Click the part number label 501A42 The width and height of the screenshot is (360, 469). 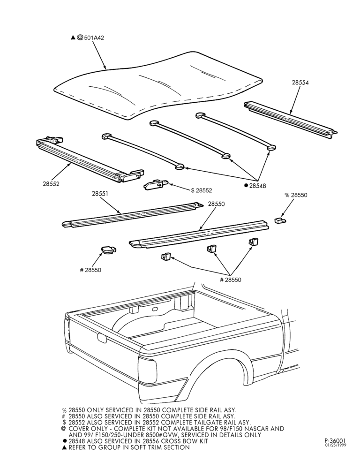[x=94, y=38]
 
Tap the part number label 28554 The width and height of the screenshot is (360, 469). [x=300, y=83]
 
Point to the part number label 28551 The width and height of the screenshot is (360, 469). [x=100, y=194]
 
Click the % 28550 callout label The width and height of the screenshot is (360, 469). [x=296, y=195]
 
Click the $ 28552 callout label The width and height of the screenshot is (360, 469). [x=202, y=190]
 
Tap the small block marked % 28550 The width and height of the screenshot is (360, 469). [x=280, y=220]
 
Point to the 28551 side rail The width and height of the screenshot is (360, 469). [x=133, y=215]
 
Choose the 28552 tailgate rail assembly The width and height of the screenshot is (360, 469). [x=90, y=160]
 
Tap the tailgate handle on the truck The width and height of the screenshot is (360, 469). [x=102, y=338]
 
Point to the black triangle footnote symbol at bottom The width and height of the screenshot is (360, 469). [x=64, y=448]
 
